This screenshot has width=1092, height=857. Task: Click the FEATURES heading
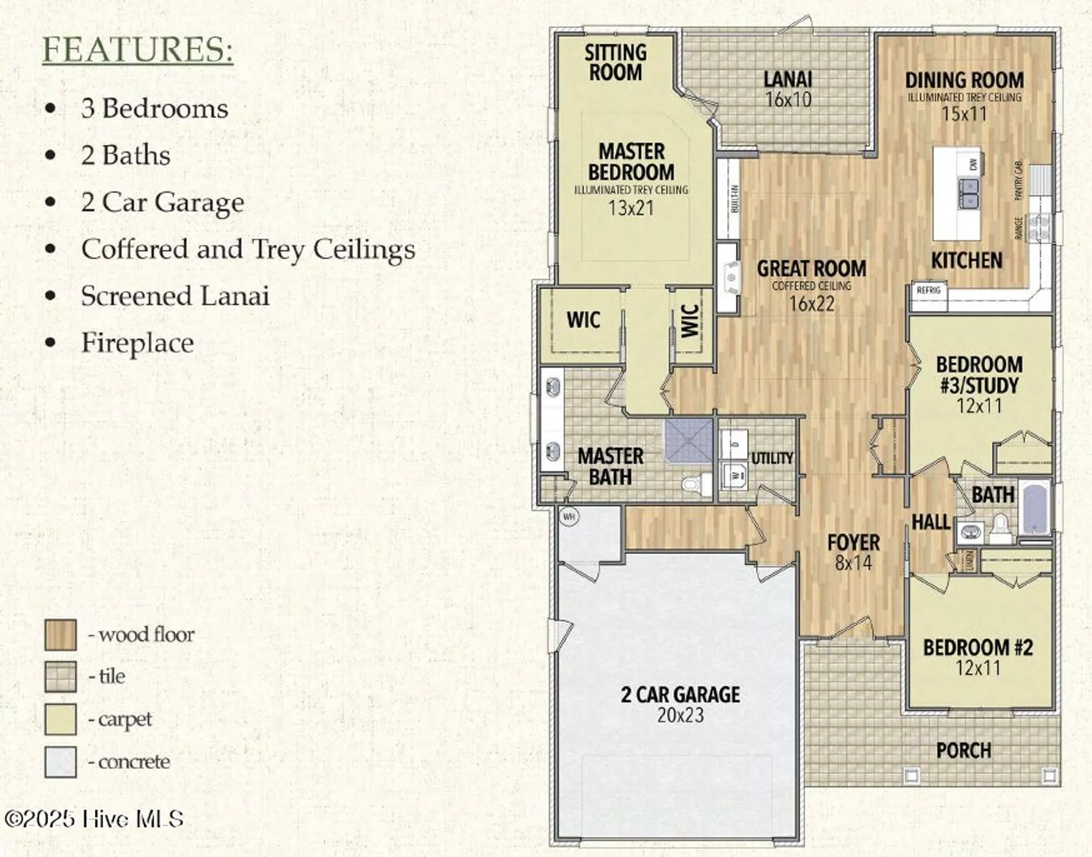click(x=138, y=50)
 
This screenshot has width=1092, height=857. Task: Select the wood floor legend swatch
click(x=61, y=635)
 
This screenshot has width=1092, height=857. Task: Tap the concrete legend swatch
click(x=61, y=762)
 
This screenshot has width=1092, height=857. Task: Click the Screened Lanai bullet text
click(x=175, y=296)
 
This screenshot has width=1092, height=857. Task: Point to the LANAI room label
click(x=788, y=79)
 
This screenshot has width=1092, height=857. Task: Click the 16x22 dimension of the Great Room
click(x=811, y=304)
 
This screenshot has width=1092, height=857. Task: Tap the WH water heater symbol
click(x=569, y=516)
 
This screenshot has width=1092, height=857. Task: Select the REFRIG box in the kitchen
click(x=929, y=290)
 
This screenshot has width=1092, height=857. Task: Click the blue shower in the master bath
click(x=689, y=440)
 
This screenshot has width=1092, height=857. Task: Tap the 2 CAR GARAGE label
click(x=680, y=695)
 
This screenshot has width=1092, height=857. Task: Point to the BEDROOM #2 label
click(x=978, y=647)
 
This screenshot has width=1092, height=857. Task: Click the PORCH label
click(x=963, y=750)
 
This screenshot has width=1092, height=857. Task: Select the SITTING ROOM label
click(x=615, y=63)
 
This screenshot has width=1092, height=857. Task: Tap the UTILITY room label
click(x=772, y=458)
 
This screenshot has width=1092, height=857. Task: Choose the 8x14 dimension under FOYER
click(x=853, y=563)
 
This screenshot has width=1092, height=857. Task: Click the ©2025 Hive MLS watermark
click(x=94, y=819)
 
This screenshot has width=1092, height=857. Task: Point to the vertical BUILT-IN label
click(x=734, y=199)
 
